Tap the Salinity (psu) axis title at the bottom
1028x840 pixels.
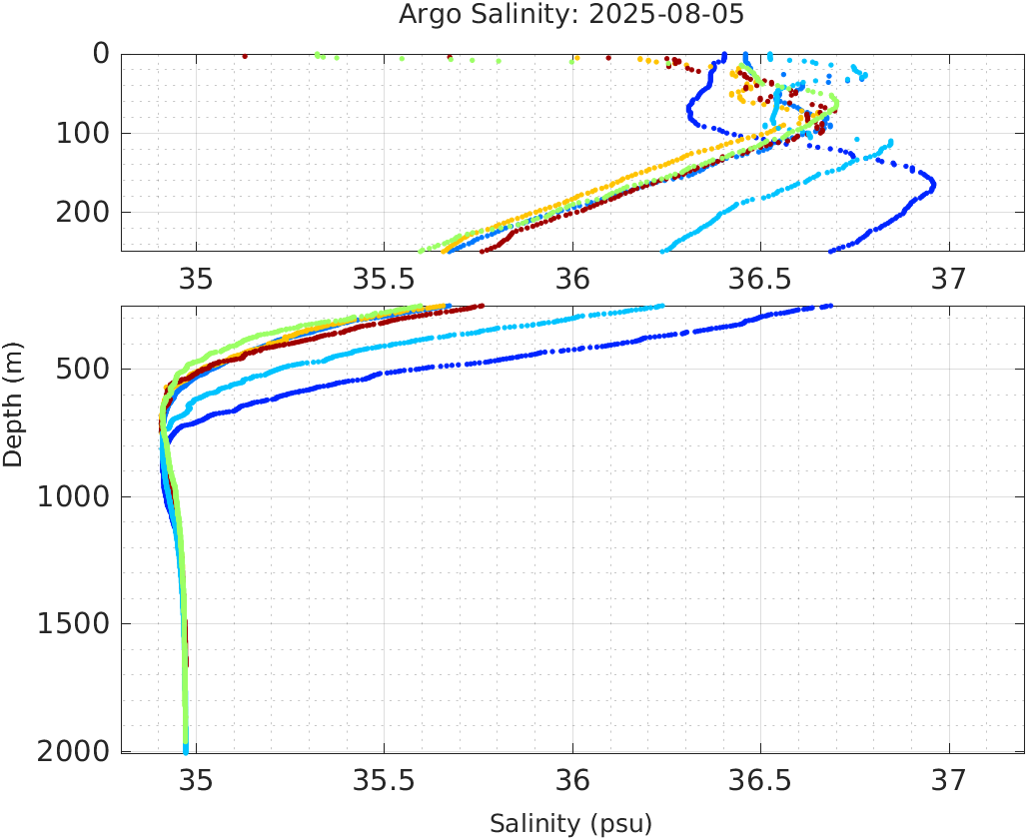570,824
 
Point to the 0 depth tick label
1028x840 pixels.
101,54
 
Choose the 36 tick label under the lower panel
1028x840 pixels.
572,780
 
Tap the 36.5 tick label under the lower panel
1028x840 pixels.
760,780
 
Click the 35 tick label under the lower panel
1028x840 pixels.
196,780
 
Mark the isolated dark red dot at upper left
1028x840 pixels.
245,56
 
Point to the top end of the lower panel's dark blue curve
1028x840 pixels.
829,307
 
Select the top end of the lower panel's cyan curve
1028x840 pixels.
660,307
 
